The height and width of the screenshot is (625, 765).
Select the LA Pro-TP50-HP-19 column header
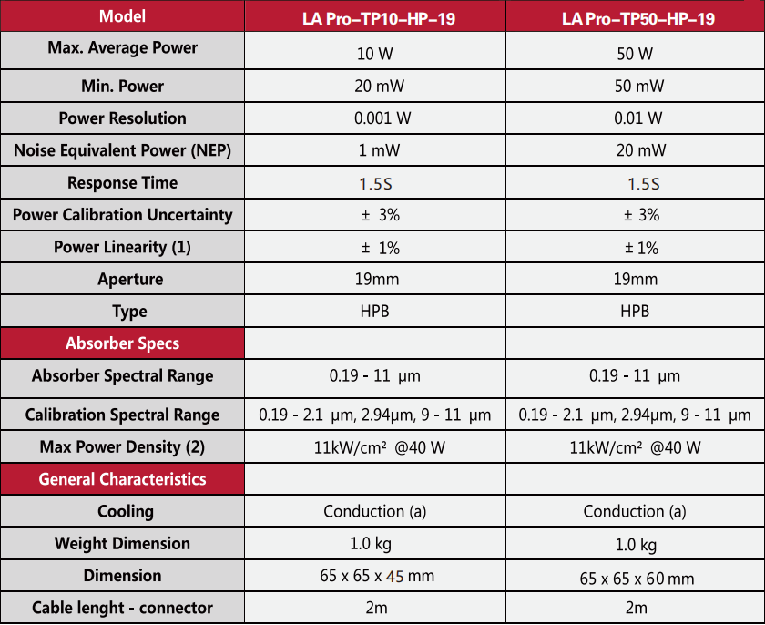pyautogui.click(x=637, y=18)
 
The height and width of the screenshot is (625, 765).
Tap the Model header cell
pyautogui.click(x=122, y=16)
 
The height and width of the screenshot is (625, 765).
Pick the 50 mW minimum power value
pyautogui.click(x=636, y=87)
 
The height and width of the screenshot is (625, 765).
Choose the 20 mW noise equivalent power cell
pyautogui.click(x=636, y=150)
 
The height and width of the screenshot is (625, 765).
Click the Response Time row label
pyautogui.click(x=122, y=183)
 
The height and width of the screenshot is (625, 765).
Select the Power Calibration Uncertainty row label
pyautogui.click(x=122, y=215)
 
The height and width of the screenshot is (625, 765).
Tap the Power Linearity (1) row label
pyautogui.click(x=122, y=247)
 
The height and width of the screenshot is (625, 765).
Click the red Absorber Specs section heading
pyautogui.click(x=122, y=343)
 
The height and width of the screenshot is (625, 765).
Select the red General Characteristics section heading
pyautogui.click(x=122, y=479)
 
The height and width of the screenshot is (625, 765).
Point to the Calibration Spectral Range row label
pyautogui.click(x=122, y=415)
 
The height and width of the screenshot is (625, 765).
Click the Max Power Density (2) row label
pyautogui.click(x=122, y=447)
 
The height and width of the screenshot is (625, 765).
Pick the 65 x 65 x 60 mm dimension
pyautogui.click(x=636, y=578)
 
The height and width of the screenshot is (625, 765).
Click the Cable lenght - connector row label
pyautogui.click(x=122, y=608)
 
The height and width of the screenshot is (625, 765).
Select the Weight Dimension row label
pyautogui.click(x=122, y=544)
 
